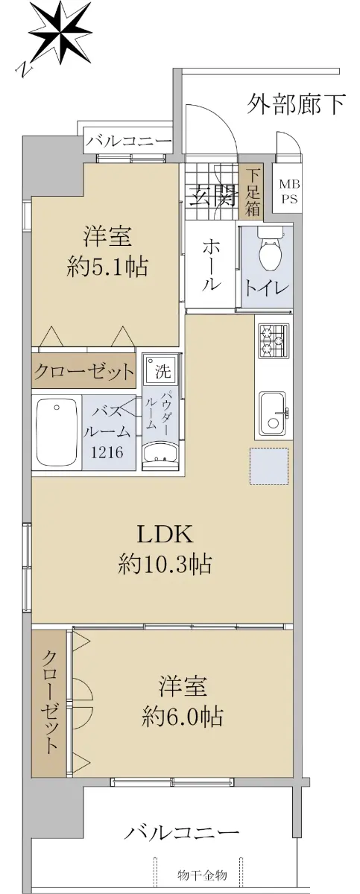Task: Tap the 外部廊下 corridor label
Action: pyautogui.click(x=296, y=104)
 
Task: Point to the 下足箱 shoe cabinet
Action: pyautogui.click(x=252, y=191)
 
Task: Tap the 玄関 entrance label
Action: pyautogui.click(x=212, y=197)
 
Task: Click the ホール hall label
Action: pyautogui.click(x=211, y=265)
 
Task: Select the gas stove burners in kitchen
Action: pyautogui.click(x=274, y=340)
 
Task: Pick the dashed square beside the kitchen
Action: pyautogui.click(x=269, y=466)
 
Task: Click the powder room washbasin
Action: pyautogui.click(x=162, y=456)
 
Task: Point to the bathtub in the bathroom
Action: pyautogui.click(x=57, y=432)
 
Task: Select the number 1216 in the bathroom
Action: pyautogui.click(x=107, y=453)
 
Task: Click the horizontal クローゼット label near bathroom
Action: pyautogui.click(x=83, y=372)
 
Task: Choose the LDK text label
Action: pyautogui.click(x=165, y=534)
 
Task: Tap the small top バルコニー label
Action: pyautogui.click(x=129, y=142)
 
